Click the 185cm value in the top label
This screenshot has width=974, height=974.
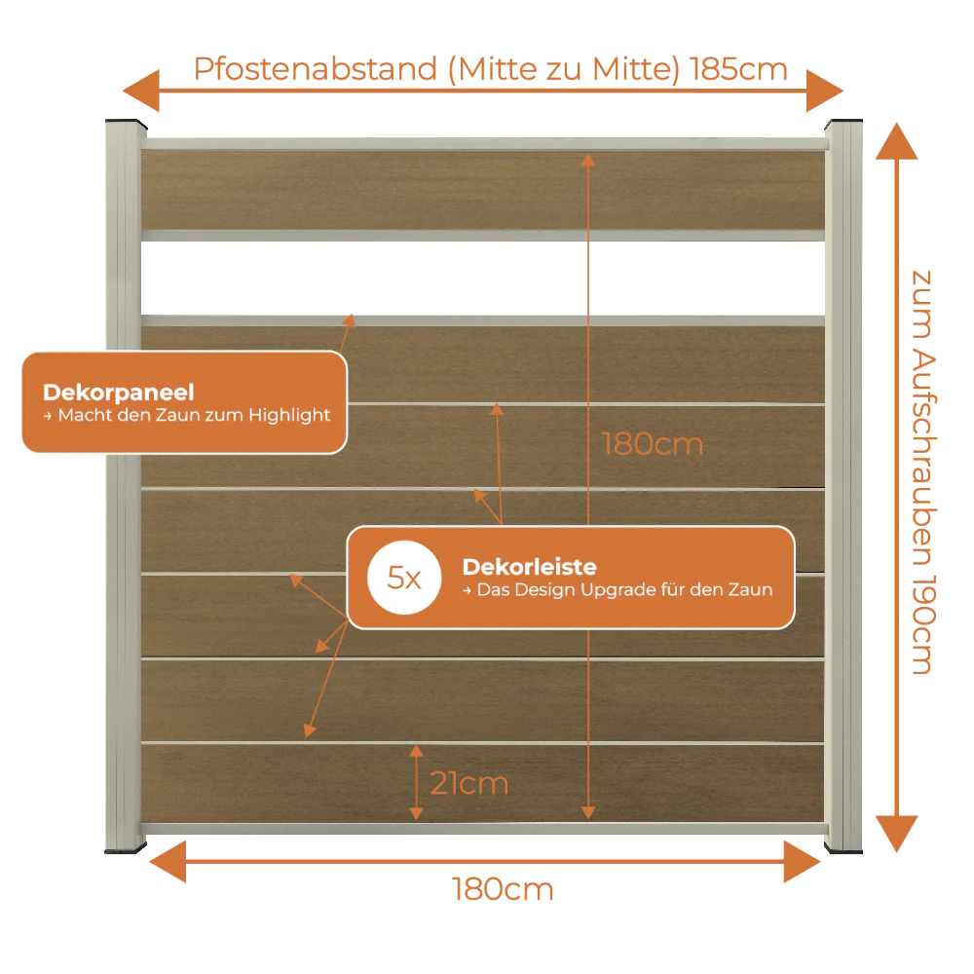pyautogui.click(x=738, y=69)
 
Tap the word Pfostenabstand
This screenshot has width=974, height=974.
pyautogui.click(x=316, y=69)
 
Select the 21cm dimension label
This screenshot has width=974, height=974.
pyautogui.click(x=469, y=783)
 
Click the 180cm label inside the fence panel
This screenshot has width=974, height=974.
pyautogui.click(x=653, y=444)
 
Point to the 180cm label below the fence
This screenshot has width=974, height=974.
pyautogui.click(x=502, y=889)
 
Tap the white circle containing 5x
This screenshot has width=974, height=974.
pyautogui.click(x=404, y=578)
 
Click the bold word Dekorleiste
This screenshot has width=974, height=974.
pyautogui.click(x=529, y=567)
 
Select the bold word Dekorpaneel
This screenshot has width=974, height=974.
pyautogui.click(x=119, y=393)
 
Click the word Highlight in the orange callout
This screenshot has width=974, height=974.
pyautogui.click(x=289, y=415)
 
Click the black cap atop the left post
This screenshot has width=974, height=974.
pyautogui.click(x=126, y=123)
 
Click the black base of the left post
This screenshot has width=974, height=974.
pyautogui.click(x=126, y=848)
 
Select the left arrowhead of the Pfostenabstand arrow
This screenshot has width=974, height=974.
pyautogui.click(x=141, y=91)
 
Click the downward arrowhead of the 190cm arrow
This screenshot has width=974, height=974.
pyautogui.click(x=896, y=834)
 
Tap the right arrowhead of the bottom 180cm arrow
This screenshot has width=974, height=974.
pyautogui.click(x=802, y=862)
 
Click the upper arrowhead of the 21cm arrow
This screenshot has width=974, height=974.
pyautogui.click(x=416, y=751)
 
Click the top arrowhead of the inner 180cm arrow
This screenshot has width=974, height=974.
pyautogui.click(x=588, y=161)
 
